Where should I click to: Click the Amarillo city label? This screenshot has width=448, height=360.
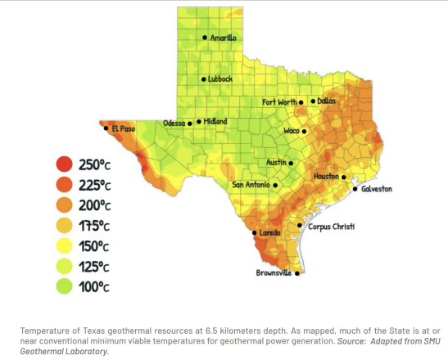point(224,38)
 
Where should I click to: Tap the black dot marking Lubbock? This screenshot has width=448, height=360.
point(204,79)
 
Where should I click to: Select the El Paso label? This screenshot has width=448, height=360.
point(124,128)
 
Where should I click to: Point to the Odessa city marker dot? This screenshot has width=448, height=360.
point(190,124)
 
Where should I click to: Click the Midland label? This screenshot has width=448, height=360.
point(216,122)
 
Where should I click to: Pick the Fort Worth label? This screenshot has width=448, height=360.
point(278,102)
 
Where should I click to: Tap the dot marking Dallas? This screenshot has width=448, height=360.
point(313,101)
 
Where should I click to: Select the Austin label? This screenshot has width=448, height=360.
point(275,162)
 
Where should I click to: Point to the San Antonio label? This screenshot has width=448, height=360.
point(251,185)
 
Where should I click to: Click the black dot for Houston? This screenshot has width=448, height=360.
point(344,177)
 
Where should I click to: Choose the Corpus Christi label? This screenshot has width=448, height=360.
point(331,226)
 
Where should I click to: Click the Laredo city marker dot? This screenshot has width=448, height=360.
point(254,233)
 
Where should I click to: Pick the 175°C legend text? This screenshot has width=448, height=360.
point(94,225)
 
